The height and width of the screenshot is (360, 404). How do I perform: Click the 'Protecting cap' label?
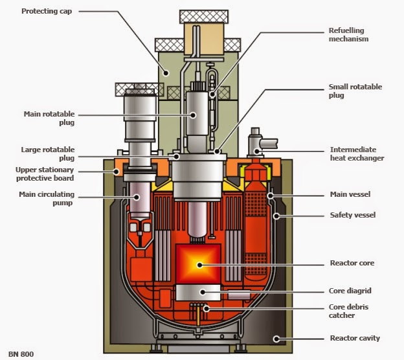pyautogui.click(x=47, y=12)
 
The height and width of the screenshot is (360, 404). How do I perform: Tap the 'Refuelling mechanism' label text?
pyautogui.click(x=348, y=35)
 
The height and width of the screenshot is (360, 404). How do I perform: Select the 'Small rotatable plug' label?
pyautogui.click(x=355, y=91)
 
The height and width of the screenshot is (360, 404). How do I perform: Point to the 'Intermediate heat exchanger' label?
pyautogui.click(x=357, y=154)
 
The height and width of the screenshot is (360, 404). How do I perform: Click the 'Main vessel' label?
pyautogui.click(x=350, y=194)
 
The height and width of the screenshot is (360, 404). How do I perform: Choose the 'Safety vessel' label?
pyautogui.click(x=353, y=215)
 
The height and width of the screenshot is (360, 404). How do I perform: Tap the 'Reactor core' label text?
pyautogui.click(x=352, y=263)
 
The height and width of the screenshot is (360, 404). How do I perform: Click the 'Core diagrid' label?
pyautogui.click(x=350, y=291)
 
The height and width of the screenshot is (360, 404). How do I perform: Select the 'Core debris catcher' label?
pyautogui.click(x=348, y=311)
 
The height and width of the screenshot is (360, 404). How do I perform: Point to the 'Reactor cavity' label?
pyautogui.click(x=355, y=338)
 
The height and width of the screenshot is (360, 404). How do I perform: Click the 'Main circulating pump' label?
pyautogui.click(x=47, y=198)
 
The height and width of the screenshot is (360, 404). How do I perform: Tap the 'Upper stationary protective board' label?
pyautogui.click(x=45, y=174)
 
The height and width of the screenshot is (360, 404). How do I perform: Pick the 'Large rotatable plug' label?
pyautogui.click(x=48, y=154)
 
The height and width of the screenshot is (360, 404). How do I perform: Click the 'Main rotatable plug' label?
pyautogui.click(x=49, y=118)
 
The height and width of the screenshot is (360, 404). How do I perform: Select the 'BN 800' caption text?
pyautogui.click(x=21, y=354)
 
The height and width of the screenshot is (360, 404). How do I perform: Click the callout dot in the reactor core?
pyautogui.click(x=199, y=265)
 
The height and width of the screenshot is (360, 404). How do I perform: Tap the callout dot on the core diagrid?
pyautogui.click(x=203, y=292)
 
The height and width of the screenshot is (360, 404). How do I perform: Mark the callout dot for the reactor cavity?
pyautogui.click(x=276, y=339)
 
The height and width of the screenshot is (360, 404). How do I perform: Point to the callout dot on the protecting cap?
pyautogui.click(x=166, y=73)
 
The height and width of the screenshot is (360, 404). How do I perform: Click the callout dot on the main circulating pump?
pyautogui.click(x=137, y=197)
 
